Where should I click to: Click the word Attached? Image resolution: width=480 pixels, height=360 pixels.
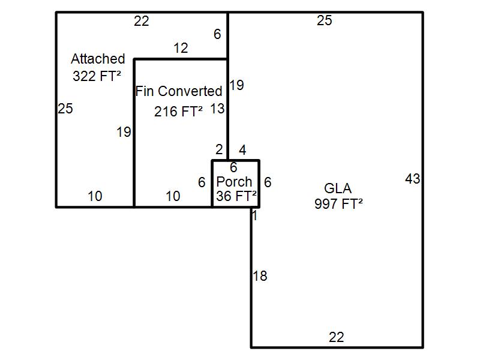[98, 59]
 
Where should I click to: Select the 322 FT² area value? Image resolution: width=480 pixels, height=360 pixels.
[97, 76]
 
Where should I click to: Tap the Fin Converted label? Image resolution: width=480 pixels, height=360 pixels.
[179, 91]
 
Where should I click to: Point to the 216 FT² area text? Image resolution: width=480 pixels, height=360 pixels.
[178, 111]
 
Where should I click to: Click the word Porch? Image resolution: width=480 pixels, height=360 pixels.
[234, 181]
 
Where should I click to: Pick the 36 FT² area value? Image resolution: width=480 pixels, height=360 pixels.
[236, 196]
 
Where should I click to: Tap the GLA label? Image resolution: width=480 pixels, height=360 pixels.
[338, 189]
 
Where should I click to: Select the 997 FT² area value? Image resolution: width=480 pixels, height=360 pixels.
[338, 204]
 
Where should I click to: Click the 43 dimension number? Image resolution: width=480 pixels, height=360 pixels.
[413, 179]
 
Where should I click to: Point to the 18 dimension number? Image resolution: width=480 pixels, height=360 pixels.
[260, 276]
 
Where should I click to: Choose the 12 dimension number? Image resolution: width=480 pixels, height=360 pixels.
[181, 48]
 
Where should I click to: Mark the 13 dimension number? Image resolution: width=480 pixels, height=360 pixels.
[217, 109]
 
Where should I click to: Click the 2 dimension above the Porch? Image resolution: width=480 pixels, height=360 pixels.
[219, 149]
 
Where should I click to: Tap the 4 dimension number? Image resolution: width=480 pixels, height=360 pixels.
[242, 149]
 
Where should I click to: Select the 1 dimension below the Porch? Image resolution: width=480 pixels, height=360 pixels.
[255, 216]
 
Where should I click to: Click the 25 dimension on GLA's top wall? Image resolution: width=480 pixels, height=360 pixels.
[324, 21]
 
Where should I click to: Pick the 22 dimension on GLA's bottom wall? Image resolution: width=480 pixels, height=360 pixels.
[337, 337]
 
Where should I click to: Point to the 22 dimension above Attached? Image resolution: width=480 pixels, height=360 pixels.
[141, 22]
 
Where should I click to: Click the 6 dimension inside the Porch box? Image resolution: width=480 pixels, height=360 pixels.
[233, 167]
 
